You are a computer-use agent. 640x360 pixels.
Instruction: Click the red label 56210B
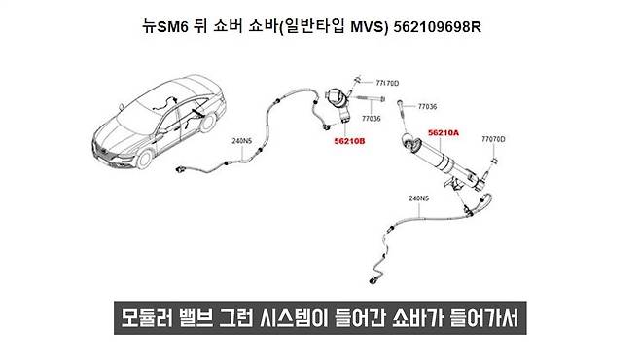coord(350,141)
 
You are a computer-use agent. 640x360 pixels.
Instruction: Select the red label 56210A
coord(444,132)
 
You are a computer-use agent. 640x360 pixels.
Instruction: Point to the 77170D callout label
coord(387,83)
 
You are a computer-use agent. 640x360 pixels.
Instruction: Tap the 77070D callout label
coord(493,139)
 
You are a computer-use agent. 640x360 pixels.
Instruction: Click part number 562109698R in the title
coord(438,27)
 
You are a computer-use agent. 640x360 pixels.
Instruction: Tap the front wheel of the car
coord(144,159)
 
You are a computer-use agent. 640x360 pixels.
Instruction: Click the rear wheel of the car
coord(208,122)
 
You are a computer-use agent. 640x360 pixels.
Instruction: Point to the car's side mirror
coord(161,131)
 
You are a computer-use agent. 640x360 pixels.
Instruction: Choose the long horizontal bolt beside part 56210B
coord(366,98)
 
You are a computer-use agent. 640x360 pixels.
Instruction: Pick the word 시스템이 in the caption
coord(294,318)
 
